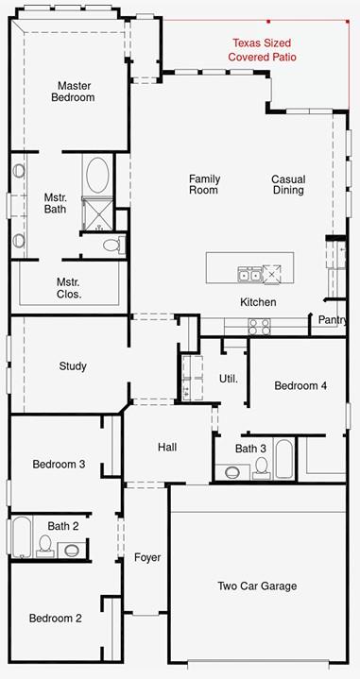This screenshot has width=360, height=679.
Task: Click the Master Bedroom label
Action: [x=73, y=92]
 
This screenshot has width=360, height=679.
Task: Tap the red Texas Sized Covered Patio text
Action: [x=263, y=50]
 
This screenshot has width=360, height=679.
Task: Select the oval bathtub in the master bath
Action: [x=97, y=175]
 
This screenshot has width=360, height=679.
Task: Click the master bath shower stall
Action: [x=97, y=213]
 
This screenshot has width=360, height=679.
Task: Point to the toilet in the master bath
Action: [x=114, y=246]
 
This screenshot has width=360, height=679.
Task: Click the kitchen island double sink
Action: [x=249, y=274]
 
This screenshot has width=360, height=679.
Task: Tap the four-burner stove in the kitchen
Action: [x=259, y=327]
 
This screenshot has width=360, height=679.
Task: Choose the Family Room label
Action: [x=204, y=184]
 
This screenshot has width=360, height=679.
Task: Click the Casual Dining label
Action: [x=288, y=184]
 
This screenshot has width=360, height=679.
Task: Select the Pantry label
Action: [x=333, y=320]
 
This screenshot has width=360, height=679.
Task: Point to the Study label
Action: [x=73, y=366]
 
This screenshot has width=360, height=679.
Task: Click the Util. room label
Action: [x=229, y=379]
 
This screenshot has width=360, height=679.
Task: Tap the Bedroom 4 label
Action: [x=300, y=385]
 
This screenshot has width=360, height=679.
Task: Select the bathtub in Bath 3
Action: [x=284, y=460]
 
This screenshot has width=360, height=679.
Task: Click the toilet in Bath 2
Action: [x=45, y=546]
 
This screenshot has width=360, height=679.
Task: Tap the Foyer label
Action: [x=147, y=557]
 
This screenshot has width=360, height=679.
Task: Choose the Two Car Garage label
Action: [x=257, y=586]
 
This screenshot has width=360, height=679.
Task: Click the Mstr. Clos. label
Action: [x=69, y=288]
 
